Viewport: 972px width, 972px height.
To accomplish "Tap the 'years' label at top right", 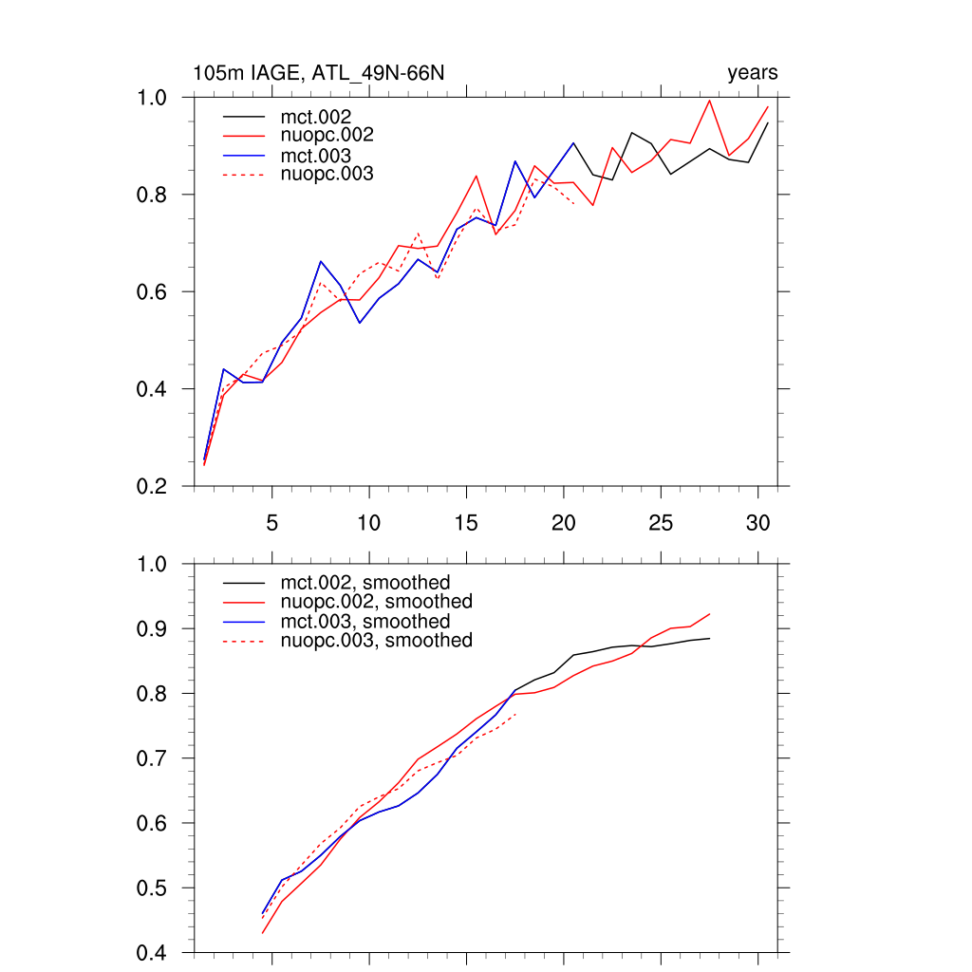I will click(x=752, y=73).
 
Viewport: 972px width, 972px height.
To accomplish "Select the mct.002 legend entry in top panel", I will click(x=322, y=116).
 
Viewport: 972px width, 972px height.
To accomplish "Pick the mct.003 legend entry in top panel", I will click(x=322, y=155).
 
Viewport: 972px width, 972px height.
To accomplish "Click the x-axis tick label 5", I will click(x=271, y=522).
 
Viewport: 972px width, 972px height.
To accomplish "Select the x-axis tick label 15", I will click(x=466, y=522).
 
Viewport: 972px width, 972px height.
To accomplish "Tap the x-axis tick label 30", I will click(x=757, y=522).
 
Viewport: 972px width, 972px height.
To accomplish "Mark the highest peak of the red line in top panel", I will click(x=709, y=100).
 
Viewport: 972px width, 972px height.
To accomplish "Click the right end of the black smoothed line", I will click(x=709, y=638).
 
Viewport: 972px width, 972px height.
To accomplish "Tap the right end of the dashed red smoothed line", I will click(x=515, y=714).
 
